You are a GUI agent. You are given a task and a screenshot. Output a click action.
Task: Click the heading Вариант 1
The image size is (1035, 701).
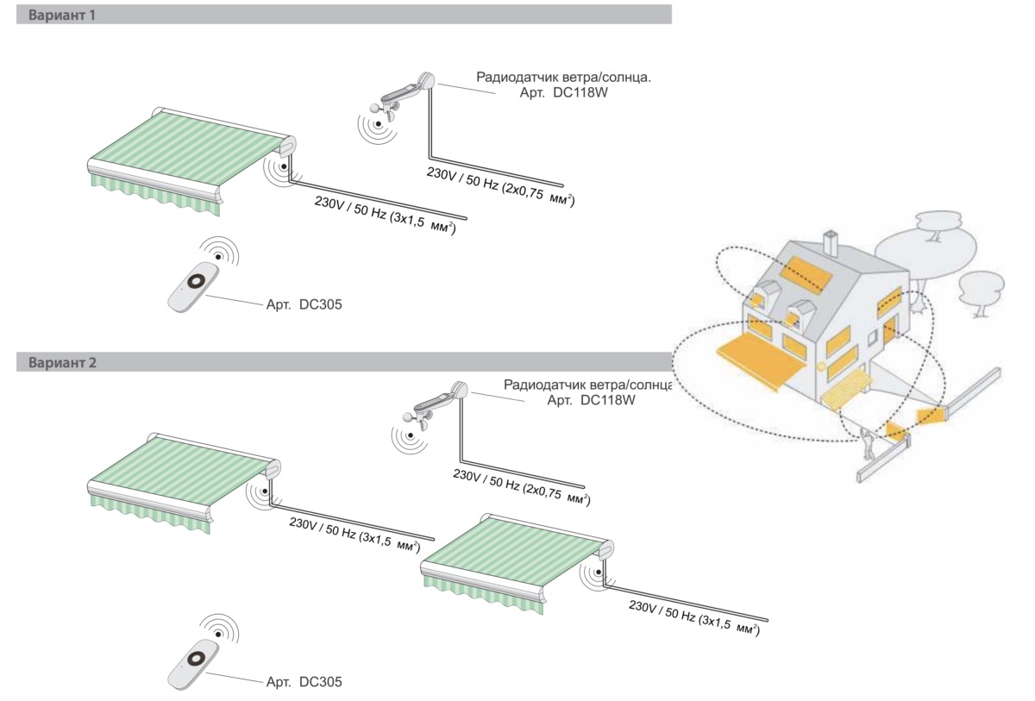[62, 15]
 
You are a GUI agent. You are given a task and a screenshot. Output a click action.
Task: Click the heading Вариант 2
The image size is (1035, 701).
[62, 363]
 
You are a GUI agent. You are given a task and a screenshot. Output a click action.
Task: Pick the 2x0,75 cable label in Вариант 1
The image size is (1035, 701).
[500, 185]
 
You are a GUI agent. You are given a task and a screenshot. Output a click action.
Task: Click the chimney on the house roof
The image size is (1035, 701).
[831, 242]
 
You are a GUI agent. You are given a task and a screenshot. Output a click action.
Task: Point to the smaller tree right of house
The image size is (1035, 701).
[981, 289]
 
